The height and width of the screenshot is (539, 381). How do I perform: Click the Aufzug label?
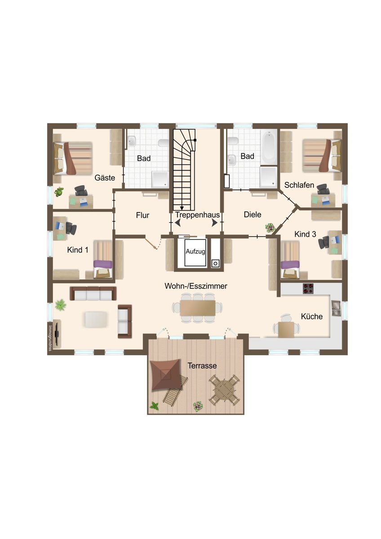[x=195, y=252]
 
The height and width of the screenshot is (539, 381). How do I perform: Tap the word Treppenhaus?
[x=197, y=215]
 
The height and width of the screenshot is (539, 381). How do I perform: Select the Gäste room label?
[x=105, y=177]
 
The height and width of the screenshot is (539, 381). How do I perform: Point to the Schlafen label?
[x=299, y=185]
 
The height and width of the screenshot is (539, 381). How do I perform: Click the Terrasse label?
[x=202, y=366]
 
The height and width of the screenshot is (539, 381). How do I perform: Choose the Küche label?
[x=312, y=316]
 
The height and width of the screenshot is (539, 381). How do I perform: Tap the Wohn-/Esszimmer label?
[x=196, y=286]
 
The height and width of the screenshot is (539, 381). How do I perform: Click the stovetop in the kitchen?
[x=308, y=289]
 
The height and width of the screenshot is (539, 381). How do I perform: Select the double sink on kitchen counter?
[x=336, y=308]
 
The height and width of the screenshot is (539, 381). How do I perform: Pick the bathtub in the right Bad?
[x=269, y=147]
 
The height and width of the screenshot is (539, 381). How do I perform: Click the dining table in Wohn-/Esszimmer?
[x=198, y=308]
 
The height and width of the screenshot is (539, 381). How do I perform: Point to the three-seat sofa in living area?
[x=93, y=293]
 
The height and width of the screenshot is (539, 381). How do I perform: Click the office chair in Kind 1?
[x=71, y=228]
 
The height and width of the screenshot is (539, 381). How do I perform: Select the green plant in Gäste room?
[x=59, y=191]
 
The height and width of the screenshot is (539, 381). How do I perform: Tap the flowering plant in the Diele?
[x=270, y=227]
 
